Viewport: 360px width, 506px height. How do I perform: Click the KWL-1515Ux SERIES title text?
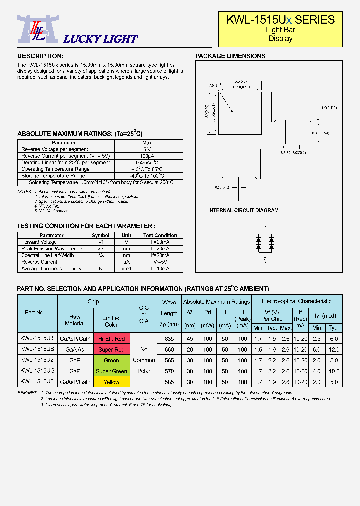pos(280,20)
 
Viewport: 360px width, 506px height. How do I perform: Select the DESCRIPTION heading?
pos(40,56)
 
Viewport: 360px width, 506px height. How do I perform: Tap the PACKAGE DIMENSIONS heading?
pos(230,56)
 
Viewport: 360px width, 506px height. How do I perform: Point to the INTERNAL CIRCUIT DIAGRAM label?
pos(243,211)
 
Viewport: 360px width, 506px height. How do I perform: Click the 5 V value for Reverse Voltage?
pos(147,149)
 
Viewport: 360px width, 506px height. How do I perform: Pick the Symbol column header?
pos(100,235)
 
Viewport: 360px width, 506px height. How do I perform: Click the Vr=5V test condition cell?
pos(160,262)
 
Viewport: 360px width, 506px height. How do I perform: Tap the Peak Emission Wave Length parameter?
pos(52,249)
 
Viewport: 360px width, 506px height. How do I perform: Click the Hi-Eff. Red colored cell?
pos(111,339)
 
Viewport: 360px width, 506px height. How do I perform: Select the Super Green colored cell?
pos(111,371)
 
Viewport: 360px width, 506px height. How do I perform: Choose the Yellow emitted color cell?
pos(111,382)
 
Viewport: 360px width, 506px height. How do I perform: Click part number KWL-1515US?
pos(37,350)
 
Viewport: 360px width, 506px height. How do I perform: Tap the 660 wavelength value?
pos(169,350)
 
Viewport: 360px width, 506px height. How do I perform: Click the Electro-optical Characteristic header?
pos(297,301)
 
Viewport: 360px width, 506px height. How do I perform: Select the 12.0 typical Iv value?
pos(334,350)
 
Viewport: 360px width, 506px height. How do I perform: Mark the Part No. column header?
pos(35,312)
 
